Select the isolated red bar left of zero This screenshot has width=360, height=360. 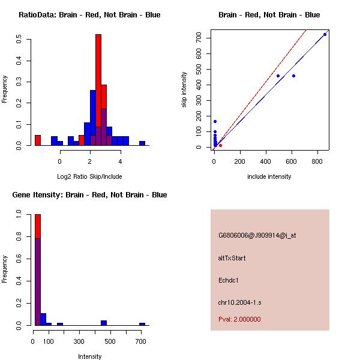point(37,140)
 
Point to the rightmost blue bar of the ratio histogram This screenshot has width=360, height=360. point(142,143)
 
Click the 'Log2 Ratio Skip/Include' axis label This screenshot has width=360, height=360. point(89,176)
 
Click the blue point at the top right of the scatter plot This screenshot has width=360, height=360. point(325,34)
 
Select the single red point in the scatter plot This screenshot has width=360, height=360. point(220,145)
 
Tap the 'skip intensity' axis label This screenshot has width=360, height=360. point(184,90)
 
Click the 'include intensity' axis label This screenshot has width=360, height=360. point(269,176)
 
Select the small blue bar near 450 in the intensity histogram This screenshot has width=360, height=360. point(104,323)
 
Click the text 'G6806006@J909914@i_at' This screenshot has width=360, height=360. point(257,235)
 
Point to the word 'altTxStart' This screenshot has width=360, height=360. point(232,258)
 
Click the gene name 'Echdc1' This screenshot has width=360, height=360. point(229,280)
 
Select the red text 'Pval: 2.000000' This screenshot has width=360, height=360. point(239,319)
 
